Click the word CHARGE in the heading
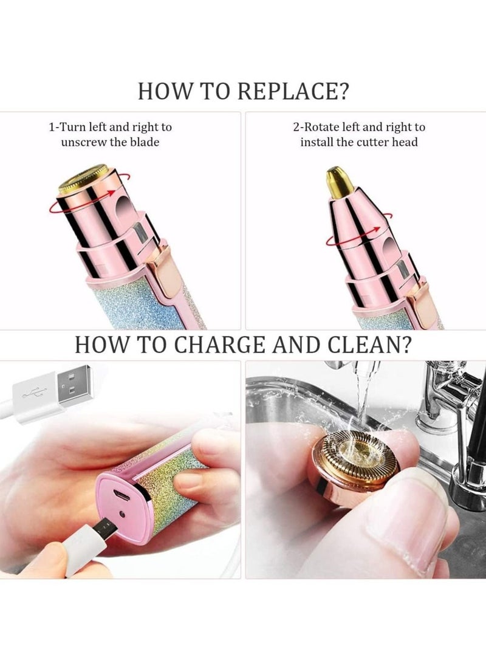click(x=238, y=344)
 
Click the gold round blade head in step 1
click(x=83, y=177)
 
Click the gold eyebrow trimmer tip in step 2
click(x=335, y=181)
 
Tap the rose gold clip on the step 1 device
click(x=165, y=273)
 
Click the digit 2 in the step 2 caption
click(x=296, y=128)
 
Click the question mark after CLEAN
click(x=403, y=344)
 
